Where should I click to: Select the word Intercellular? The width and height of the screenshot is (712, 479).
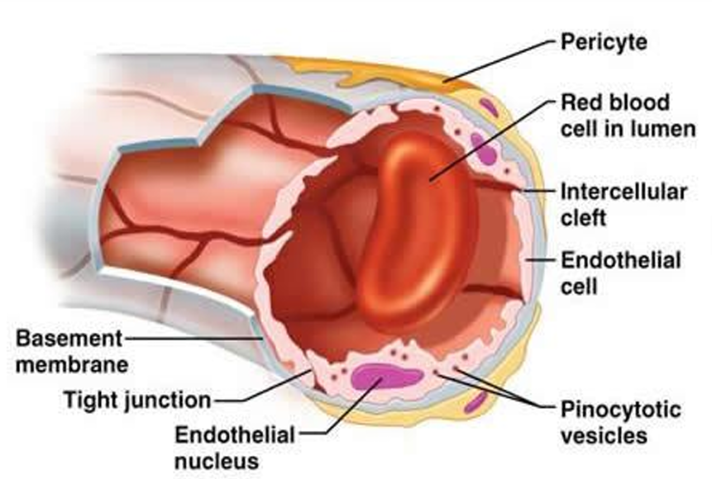624,192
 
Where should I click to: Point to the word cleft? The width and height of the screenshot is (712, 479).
584,217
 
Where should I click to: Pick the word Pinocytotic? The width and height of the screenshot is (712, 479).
621,409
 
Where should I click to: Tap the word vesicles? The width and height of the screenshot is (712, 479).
604,434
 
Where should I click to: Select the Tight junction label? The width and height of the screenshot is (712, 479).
137,401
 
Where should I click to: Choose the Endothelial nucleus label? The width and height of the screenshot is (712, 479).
234,446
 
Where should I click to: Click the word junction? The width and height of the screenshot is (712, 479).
170,401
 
